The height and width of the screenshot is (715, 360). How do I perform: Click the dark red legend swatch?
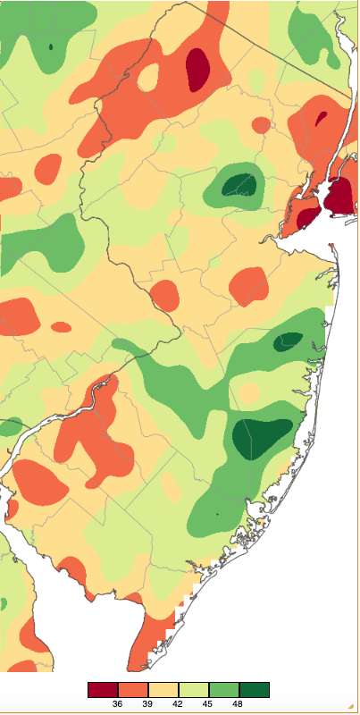(x=103, y=690)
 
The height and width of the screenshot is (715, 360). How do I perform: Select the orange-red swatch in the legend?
(x=133, y=690)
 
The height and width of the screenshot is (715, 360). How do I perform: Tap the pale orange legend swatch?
(x=163, y=690)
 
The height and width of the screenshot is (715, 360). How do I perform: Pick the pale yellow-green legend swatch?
(x=194, y=690)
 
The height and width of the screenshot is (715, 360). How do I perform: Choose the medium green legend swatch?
(x=224, y=690)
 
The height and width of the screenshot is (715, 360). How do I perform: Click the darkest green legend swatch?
(x=255, y=690)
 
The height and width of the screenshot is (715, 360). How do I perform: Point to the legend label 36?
(x=118, y=704)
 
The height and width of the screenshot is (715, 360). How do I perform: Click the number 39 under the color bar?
(x=148, y=704)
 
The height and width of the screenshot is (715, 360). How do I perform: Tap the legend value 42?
(x=179, y=704)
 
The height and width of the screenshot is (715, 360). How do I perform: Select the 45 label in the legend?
(x=209, y=704)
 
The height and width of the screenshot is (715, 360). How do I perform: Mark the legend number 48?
(x=239, y=704)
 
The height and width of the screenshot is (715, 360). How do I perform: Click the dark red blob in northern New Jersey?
(x=197, y=69)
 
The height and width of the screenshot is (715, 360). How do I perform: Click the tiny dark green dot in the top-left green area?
(x=51, y=46)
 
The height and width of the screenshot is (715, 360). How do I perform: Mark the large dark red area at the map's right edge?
(x=339, y=197)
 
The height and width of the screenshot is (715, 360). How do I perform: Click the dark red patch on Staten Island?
(x=307, y=217)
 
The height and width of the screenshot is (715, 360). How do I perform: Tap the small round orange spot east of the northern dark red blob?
(x=260, y=125)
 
